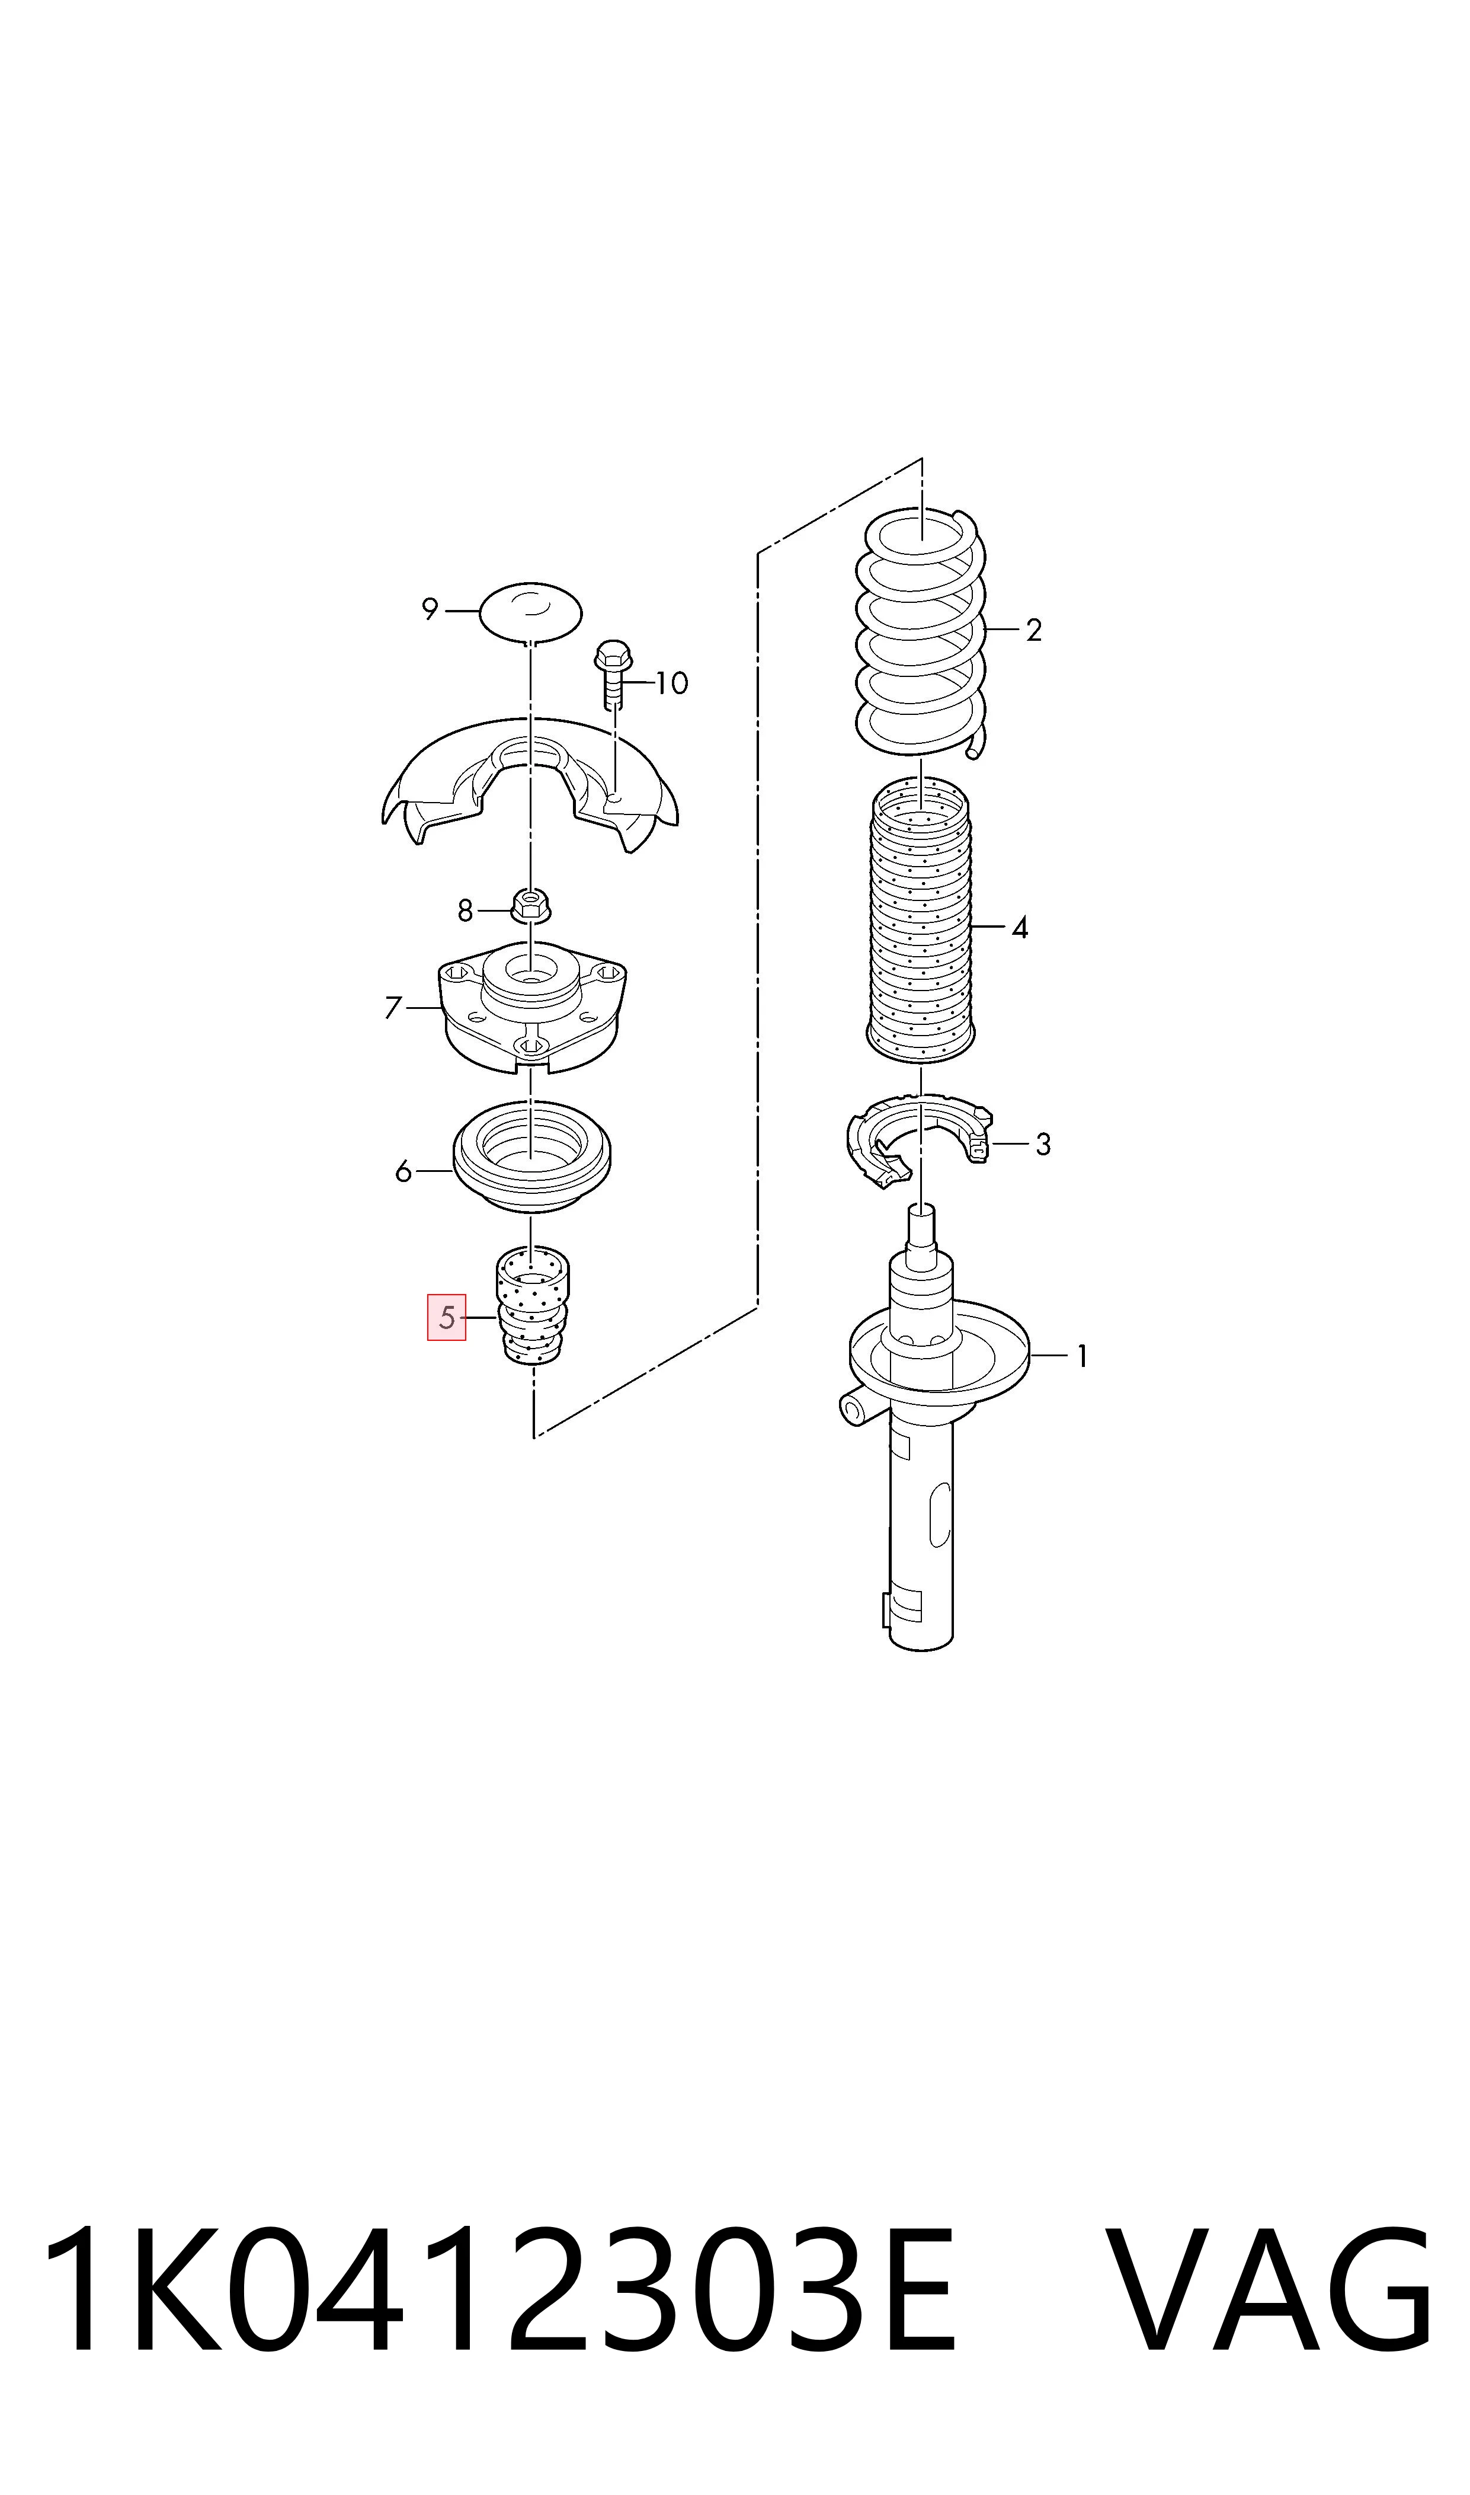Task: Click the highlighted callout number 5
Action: pos(447,1317)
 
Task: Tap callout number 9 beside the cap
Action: pos(430,609)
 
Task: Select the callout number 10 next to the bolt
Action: pos(672,683)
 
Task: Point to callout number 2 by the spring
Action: pos(1034,630)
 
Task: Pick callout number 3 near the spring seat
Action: pos(1043,1145)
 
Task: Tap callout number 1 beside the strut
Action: pos(1083,1356)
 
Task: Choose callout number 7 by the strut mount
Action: pos(393,1008)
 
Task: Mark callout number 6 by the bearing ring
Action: pos(403,1172)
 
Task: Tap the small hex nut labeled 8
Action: pos(532,903)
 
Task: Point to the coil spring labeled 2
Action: pos(922,635)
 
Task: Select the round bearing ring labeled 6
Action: pos(532,1157)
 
